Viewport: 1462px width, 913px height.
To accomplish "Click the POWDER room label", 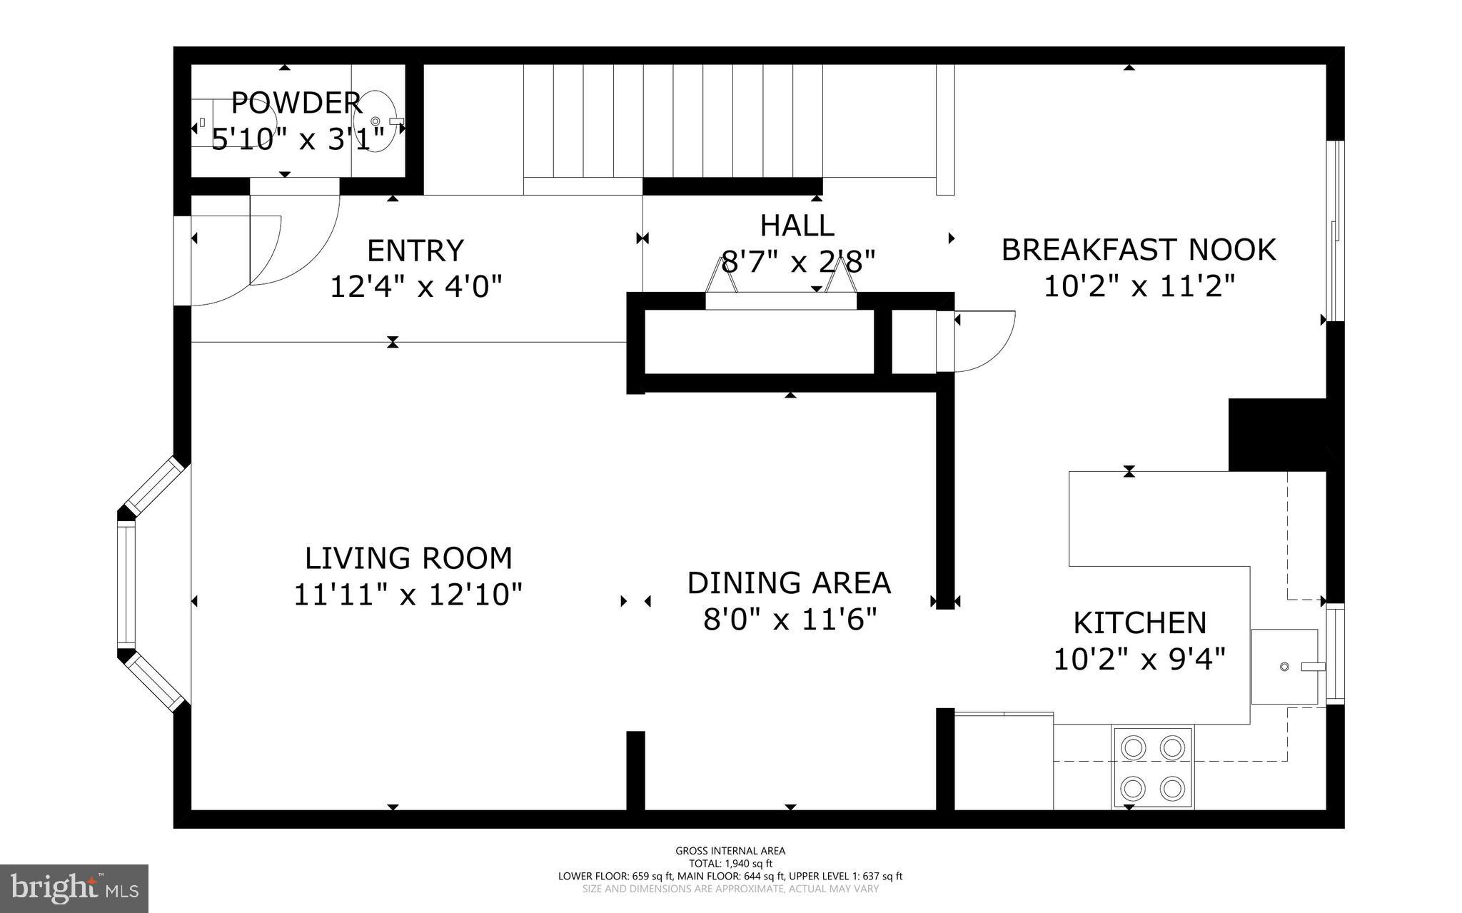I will click(296, 103).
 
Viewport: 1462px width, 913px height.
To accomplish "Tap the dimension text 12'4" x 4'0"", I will click(415, 287).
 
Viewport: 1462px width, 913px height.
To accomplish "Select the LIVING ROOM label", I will click(408, 558).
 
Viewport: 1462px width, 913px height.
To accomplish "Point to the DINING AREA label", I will click(789, 582).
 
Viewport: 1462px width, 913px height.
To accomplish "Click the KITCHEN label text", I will click(1139, 622).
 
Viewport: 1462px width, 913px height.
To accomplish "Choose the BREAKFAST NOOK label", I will click(1139, 250).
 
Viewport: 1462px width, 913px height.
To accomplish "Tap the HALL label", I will click(797, 226).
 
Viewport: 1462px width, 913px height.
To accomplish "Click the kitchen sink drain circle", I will click(1284, 667).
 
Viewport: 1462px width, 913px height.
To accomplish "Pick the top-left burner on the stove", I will click(1133, 747).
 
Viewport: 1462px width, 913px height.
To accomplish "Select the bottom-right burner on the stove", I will click(1172, 789).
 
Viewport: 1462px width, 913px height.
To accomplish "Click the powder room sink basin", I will click(375, 121).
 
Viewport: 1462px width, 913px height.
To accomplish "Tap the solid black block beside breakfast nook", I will click(1276, 435).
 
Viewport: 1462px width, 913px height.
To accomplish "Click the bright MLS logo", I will click(74, 888).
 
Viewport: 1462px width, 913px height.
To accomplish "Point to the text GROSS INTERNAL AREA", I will click(730, 850).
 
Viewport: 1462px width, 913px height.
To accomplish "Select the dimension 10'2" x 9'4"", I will click(1139, 659).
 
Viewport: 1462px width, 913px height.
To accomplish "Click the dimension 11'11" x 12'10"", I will click(408, 594).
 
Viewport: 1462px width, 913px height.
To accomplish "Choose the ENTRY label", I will click(415, 251).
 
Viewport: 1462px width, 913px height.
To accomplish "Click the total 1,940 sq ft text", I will click(730, 863).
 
